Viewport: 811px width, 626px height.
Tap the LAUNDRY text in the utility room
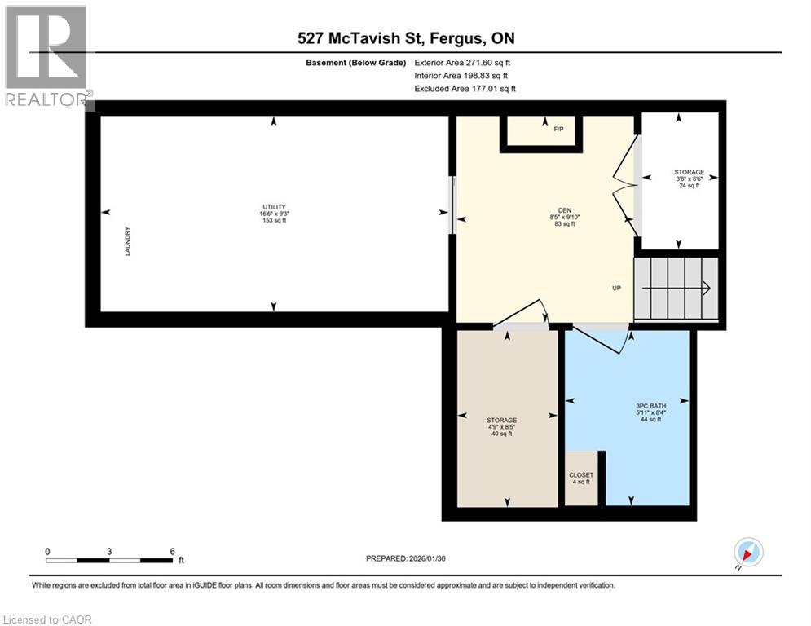(128, 242)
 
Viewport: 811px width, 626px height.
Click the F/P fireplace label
(558, 130)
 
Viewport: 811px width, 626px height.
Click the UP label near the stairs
(617, 289)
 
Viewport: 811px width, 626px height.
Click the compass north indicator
(747, 553)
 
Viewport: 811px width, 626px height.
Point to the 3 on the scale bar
(109, 551)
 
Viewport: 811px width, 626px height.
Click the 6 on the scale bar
(172, 551)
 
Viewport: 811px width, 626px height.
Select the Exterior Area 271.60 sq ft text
(462, 62)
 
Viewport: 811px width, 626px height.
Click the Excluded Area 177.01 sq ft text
(465, 88)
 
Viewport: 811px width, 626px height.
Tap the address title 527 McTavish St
(405, 38)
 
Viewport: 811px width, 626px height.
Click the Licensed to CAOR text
(47, 619)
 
